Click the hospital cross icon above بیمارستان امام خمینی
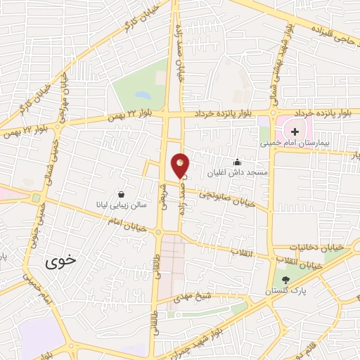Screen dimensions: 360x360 click(295, 131)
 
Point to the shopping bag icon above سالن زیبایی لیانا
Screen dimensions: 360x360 click(122, 194)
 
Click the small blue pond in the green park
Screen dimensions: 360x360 click(143, 94)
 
